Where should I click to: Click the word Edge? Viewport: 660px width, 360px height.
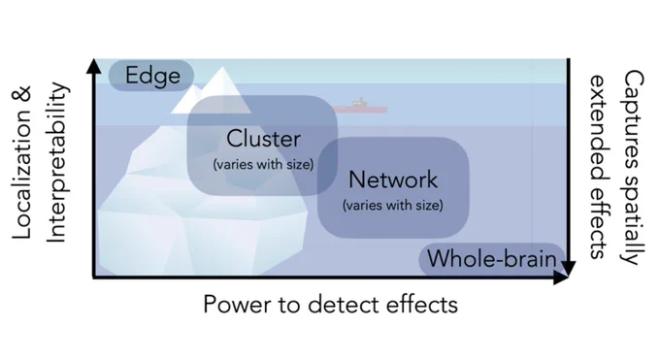click(152, 76)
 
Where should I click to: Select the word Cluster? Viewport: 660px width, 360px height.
click(263, 139)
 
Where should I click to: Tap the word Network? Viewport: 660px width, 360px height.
click(393, 180)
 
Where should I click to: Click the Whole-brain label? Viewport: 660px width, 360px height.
click(492, 258)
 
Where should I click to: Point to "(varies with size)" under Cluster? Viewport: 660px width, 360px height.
click(263, 164)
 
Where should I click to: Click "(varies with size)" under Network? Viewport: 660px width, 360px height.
click(393, 205)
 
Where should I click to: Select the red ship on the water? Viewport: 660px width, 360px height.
click(360, 107)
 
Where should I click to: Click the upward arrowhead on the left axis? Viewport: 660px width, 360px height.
click(93, 66)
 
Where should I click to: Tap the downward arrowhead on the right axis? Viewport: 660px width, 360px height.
click(568, 268)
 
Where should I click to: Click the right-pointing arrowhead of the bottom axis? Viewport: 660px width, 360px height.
click(561, 278)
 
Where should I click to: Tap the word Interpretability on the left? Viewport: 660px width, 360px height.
click(56, 162)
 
